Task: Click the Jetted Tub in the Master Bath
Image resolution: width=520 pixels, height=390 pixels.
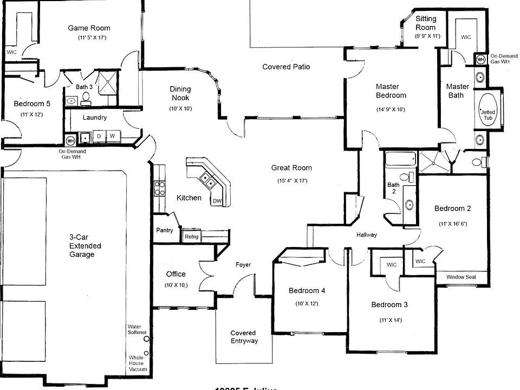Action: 487,115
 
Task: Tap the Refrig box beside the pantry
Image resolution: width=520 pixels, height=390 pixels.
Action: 191,237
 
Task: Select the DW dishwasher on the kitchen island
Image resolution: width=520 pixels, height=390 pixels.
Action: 217,201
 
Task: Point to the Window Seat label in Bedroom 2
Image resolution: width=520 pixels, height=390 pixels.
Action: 461,277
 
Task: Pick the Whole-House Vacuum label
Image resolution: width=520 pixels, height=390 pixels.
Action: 136,363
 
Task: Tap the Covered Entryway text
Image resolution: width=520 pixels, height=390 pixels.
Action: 244,337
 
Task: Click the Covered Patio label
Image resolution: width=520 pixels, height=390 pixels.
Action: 286,67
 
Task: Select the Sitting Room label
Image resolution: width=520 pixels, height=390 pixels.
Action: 426,23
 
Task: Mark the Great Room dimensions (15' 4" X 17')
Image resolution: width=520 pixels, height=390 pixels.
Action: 291,180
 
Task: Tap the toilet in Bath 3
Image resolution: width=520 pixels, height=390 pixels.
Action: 86,99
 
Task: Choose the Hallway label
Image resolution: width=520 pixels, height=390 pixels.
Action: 366,235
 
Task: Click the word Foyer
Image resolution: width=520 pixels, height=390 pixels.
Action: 243,265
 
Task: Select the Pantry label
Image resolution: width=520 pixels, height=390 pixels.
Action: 165,230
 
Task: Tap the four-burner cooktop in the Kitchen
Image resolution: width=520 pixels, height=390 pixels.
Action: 160,188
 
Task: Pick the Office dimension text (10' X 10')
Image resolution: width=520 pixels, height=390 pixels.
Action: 175,285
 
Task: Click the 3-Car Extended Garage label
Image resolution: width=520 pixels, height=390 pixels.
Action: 85,245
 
